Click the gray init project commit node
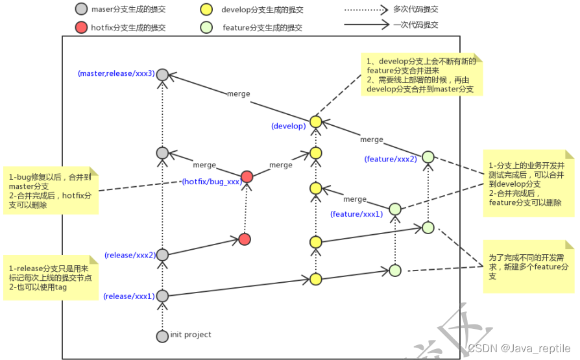[162, 336]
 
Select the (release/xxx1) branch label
[129, 296]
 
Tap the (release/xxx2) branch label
[130, 255]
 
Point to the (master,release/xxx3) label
[116, 73]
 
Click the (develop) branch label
[288, 126]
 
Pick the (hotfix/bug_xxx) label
[211, 182]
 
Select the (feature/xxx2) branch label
[391, 159]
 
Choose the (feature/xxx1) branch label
[356, 213]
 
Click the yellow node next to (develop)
[316, 122]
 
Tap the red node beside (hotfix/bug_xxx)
[247, 177]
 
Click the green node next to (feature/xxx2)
[428, 157]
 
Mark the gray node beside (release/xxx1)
[162, 296]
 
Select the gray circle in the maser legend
[81, 10]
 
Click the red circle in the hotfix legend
[81, 28]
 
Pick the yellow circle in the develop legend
[207, 10]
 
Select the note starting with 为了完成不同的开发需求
[529, 266]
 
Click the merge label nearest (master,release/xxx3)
[238, 93]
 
